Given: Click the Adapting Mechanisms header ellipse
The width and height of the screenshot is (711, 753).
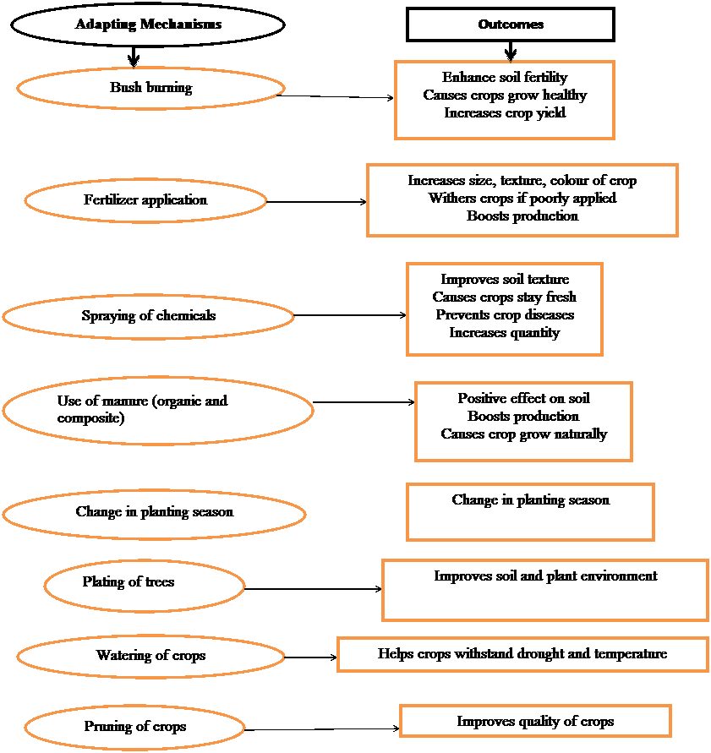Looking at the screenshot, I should coord(148,25).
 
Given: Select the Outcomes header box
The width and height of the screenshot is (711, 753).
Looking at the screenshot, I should coord(511,25).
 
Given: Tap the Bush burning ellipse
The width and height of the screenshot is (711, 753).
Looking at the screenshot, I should coord(150,88).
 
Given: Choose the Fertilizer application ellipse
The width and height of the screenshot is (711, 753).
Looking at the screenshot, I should coord(145,200).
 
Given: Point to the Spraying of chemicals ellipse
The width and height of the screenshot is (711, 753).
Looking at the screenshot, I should coord(148,316).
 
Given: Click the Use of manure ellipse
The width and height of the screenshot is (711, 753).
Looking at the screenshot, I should coord(157,410).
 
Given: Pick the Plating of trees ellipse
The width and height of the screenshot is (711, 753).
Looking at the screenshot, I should coord(145,583).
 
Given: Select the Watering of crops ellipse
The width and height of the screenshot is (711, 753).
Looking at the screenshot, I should coord(150,656).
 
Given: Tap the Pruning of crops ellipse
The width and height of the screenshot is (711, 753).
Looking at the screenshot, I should coord(135,727).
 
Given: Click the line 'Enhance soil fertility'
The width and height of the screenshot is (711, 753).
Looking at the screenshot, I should coord(505,78).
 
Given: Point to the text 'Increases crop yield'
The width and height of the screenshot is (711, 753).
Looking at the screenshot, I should coord(505,112).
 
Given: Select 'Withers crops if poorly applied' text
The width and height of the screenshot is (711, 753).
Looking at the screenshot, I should coord(522,199).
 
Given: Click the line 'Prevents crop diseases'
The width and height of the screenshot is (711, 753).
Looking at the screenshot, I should coord(505,315).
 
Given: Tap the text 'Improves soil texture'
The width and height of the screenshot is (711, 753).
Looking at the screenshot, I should coord(505,280).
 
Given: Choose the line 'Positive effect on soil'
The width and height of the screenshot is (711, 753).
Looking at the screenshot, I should coord(523,399).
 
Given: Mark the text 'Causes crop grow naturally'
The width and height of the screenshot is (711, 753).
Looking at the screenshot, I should coord(523,434).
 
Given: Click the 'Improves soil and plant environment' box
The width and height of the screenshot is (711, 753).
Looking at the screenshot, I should coord(545,590).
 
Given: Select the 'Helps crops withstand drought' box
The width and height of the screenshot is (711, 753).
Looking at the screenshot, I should coord(522,654).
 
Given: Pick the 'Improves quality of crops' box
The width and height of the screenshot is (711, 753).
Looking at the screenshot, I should coord(535,722).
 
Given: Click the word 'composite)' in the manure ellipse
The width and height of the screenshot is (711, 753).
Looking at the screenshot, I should coord(91,418).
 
